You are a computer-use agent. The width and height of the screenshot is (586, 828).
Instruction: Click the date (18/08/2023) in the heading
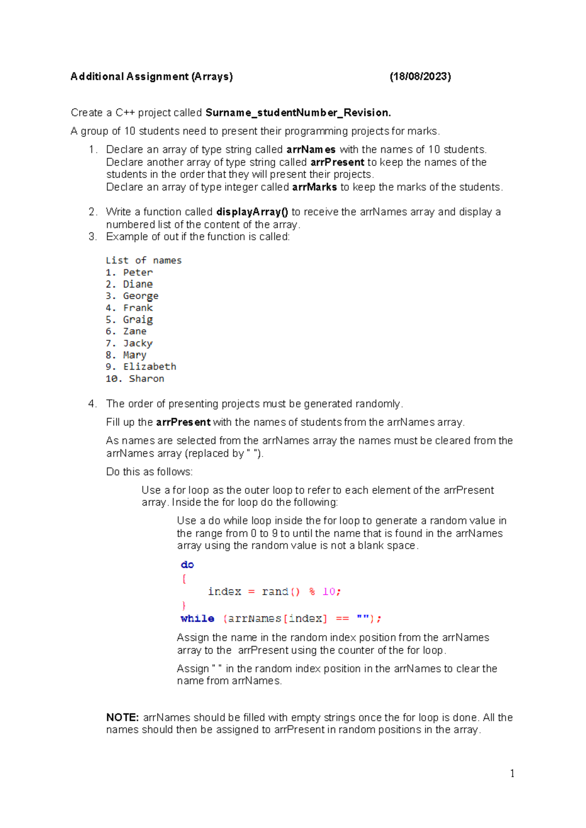[x=420, y=77]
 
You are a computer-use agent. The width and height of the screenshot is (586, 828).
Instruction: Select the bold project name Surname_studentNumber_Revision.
[x=298, y=113]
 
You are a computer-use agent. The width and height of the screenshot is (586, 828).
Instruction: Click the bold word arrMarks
[x=314, y=187]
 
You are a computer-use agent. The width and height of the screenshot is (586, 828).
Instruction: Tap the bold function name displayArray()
[x=252, y=212]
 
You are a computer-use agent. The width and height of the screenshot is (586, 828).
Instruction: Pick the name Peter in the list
[x=138, y=272]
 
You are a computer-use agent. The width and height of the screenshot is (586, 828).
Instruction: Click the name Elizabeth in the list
[x=149, y=367]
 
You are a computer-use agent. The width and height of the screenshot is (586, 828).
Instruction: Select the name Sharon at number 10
[x=146, y=379]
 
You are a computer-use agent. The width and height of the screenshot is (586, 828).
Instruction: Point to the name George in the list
[x=141, y=296]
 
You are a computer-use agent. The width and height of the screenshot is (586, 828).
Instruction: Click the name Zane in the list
[x=135, y=331]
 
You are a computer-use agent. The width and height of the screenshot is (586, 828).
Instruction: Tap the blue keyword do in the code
[x=187, y=565]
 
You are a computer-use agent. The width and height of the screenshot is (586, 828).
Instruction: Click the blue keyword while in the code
[x=197, y=619]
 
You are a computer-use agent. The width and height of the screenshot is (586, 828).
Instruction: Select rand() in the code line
[x=281, y=592]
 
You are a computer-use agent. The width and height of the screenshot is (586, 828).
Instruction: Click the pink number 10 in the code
[x=329, y=592]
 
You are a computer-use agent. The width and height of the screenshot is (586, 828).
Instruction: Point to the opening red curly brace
[x=184, y=579]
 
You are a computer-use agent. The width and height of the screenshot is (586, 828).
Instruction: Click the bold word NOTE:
[x=123, y=718]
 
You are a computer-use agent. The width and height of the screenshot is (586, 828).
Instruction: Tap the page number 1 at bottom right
[x=512, y=773]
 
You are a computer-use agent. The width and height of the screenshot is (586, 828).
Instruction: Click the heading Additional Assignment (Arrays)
[x=151, y=77]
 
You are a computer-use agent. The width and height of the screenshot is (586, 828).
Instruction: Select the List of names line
[x=144, y=261]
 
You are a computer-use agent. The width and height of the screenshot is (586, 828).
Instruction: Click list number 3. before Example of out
[x=93, y=237]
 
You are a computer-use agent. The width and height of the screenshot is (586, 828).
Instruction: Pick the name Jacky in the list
[x=138, y=343]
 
